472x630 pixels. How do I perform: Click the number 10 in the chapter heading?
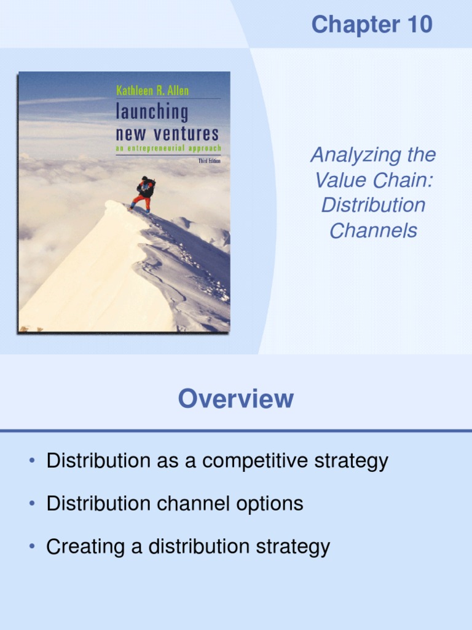pos(418,25)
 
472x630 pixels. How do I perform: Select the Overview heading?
pos(236,399)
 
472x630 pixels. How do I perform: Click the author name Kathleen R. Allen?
pos(152,91)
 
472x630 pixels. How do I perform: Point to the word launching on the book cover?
pos(152,113)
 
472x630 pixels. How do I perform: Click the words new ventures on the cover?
pos(167,133)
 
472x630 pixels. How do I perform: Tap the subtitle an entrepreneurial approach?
pos(168,148)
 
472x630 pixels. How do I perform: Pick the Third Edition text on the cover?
pos(209,160)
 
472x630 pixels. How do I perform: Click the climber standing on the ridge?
pos(144,193)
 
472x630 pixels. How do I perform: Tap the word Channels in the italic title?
pos(373,231)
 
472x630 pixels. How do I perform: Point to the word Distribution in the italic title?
pos(373,205)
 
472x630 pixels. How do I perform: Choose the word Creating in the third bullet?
pos(85,546)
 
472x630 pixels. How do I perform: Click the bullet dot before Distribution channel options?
pos(32,504)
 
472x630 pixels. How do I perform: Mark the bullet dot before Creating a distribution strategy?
pos(32,546)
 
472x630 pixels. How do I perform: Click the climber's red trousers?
pos(141,202)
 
